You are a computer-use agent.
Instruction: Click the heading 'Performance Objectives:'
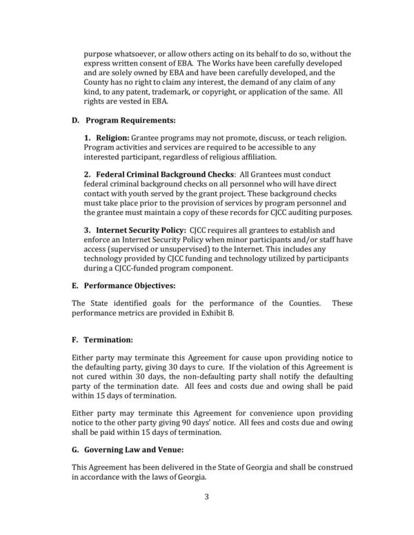click(x=129, y=284)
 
